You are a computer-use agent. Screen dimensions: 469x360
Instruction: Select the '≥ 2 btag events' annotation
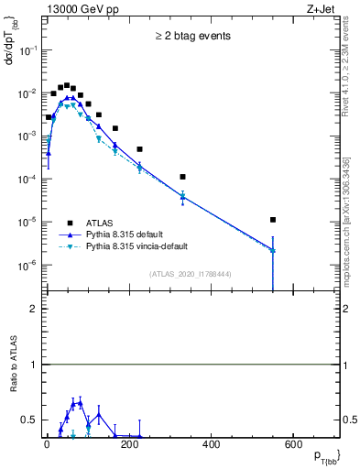(192, 37)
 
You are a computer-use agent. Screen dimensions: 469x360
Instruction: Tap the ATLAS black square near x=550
(273, 220)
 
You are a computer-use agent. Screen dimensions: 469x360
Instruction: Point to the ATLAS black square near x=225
(139, 149)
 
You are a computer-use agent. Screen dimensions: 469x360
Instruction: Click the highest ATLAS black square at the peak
(66, 85)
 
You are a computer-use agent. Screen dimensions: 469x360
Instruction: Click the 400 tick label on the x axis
(212, 446)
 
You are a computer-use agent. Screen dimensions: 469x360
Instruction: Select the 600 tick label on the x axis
(294, 446)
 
